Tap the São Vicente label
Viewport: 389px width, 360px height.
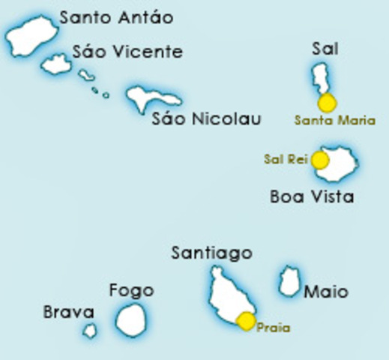click(x=127, y=52)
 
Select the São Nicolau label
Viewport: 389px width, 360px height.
click(x=206, y=118)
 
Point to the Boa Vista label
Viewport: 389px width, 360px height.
click(x=311, y=197)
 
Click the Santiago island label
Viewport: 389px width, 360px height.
click(x=211, y=253)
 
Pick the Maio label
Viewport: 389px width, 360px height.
click(x=326, y=291)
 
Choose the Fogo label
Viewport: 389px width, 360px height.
click(x=131, y=290)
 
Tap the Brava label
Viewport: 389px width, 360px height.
click(x=68, y=312)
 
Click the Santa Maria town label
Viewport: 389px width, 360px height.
click(x=335, y=120)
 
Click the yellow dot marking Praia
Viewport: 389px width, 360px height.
click(x=246, y=322)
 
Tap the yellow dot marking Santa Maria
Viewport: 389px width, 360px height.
click(x=327, y=103)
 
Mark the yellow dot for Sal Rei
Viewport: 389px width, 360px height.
click(x=320, y=160)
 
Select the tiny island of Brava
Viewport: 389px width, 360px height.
click(x=90, y=329)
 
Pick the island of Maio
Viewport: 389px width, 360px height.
click(x=288, y=282)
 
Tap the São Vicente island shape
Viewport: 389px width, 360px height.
click(x=56, y=64)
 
